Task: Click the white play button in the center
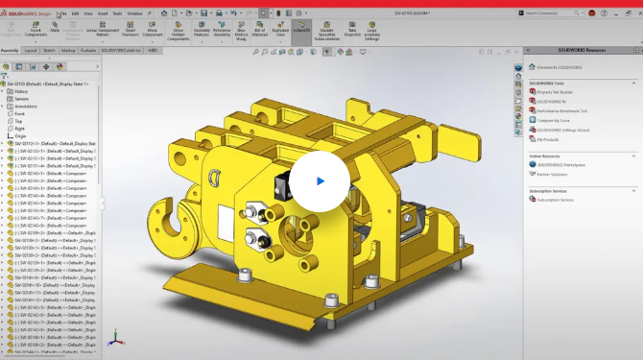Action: (x=320, y=180)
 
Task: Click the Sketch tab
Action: (x=48, y=49)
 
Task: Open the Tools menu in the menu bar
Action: (x=117, y=14)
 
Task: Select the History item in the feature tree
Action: (x=21, y=91)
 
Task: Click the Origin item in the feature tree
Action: (x=20, y=136)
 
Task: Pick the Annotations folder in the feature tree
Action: (x=26, y=107)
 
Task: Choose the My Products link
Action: (x=547, y=139)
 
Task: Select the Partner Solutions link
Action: (x=553, y=174)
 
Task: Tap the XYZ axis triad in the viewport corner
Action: (x=114, y=338)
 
